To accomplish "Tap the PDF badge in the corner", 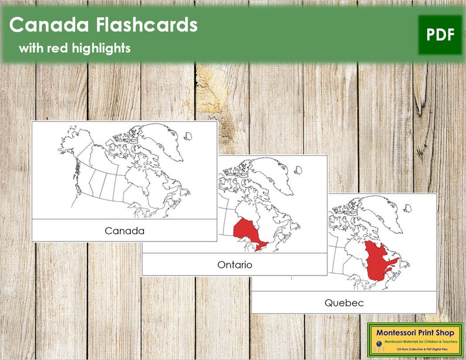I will coord(440,35).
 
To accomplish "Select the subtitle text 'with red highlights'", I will coord(74,48).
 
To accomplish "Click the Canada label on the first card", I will coord(124,230).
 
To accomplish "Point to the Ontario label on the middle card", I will coord(234,264).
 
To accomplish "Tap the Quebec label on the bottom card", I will coord(344,303).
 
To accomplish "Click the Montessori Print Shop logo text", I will coord(415,333).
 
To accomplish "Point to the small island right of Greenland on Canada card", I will coord(188,136).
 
